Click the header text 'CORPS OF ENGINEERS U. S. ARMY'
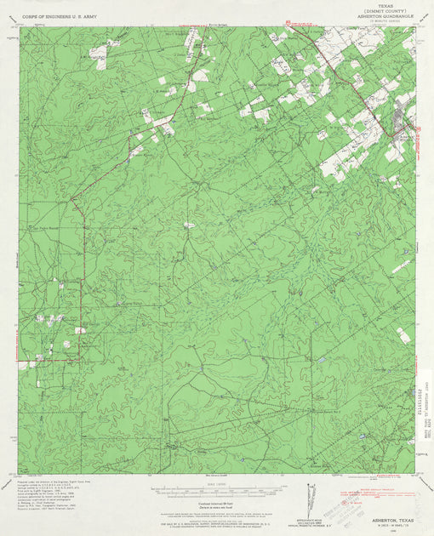[60, 16]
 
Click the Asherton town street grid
[399, 123]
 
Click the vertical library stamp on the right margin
[425, 417]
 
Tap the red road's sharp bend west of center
[71, 201]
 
